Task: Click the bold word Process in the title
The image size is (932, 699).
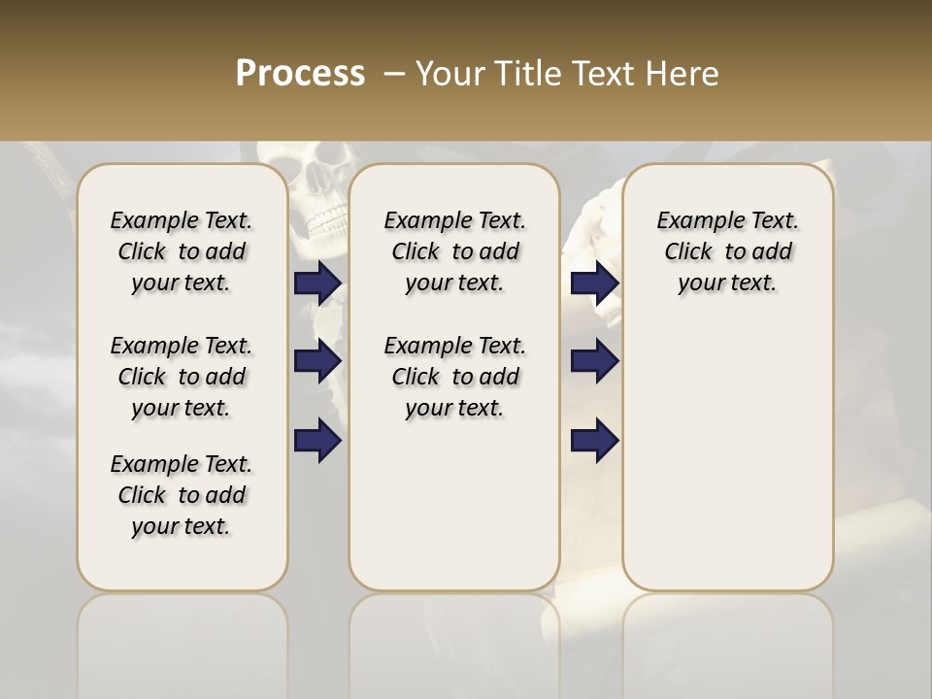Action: click(300, 74)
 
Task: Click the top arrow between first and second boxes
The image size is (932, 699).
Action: click(317, 283)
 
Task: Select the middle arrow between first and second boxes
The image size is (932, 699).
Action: click(317, 361)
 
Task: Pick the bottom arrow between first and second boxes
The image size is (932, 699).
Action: click(317, 440)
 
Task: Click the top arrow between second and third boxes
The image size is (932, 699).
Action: click(595, 283)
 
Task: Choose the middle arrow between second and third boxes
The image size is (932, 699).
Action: click(595, 361)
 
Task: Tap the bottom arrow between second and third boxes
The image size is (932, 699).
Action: click(595, 440)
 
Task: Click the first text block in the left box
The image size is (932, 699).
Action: click(182, 251)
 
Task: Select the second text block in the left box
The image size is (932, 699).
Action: click(182, 377)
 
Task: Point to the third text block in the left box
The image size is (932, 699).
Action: click(182, 495)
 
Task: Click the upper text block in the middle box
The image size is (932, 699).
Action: click(454, 251)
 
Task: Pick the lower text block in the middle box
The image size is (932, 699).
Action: click(454, 377)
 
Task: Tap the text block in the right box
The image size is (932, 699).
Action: click(728, 251)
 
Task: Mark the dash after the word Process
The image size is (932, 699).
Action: click(394, 75)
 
